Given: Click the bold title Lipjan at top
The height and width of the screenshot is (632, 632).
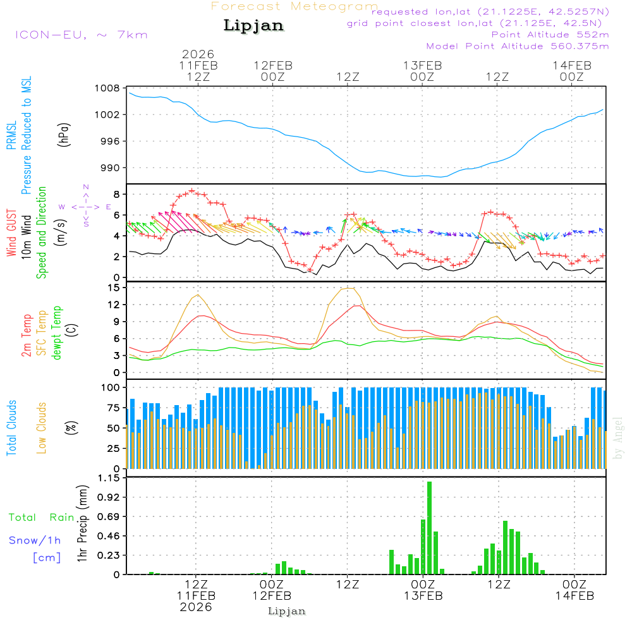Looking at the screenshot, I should [253, 26].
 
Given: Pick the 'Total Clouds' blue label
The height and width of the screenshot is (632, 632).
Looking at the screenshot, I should [12, 428].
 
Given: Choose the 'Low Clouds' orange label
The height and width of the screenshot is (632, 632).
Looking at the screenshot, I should [42, 428].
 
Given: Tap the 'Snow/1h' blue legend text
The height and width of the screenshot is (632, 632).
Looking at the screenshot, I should [35, 540].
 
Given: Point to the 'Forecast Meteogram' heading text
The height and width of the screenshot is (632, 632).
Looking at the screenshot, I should [295, 6].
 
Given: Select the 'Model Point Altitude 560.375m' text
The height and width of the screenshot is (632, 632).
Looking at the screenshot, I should [518, 46].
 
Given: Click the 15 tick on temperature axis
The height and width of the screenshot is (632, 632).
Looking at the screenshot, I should [114, 288].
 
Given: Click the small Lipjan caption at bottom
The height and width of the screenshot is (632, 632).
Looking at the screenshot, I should [287, 611].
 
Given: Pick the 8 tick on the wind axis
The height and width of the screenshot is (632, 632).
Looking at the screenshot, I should [116, 193].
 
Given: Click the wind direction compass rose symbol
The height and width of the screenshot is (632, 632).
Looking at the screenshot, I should [86, 206].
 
